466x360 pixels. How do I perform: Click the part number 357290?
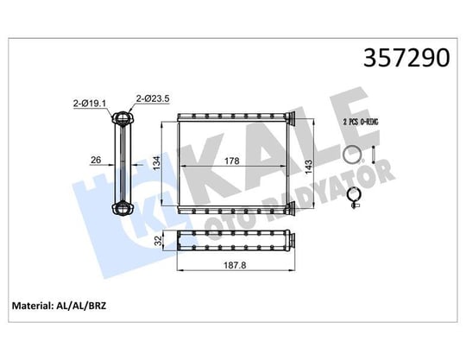click(406, 58)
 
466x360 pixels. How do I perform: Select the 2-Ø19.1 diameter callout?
click(90, 104)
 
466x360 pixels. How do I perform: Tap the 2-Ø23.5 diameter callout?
click(153, 98)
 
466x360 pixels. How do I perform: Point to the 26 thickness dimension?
click(96, 160)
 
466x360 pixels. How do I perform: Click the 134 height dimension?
click(156, 163)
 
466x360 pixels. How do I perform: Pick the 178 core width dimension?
click(232, 161)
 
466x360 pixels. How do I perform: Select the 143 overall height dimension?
click(308, 167)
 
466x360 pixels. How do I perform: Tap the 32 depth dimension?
click(160, 241)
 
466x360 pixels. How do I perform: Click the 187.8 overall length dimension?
click(235, 265)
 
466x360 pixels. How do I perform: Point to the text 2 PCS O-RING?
click(361, 122)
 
